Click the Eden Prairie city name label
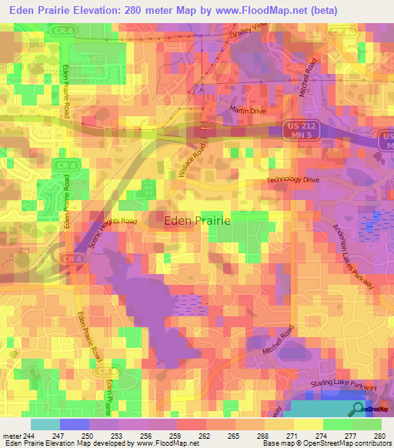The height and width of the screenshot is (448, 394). (198, 220)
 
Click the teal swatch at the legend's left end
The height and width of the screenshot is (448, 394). (45, 424)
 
